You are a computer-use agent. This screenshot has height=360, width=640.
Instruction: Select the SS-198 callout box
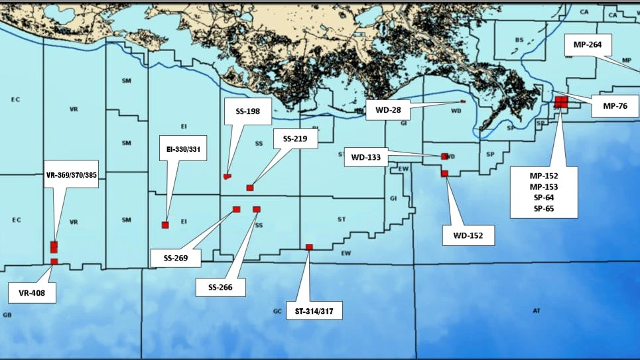(x=248, y=111)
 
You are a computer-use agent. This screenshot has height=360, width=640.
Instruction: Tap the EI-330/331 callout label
(x=183, y=149)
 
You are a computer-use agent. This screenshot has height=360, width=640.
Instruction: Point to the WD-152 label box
(x=468, y=234)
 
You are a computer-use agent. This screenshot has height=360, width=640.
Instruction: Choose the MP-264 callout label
(x=587, y=46)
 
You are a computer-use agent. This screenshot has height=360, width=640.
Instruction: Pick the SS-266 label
(x=222, y=286)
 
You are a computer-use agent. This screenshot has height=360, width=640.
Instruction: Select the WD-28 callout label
(x=387, y=109)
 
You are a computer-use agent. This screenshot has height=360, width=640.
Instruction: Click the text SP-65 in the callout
(x=544, y=208)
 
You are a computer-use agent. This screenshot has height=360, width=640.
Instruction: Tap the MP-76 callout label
(x=615, y=105)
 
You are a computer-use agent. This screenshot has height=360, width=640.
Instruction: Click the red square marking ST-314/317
(x=309, y=247)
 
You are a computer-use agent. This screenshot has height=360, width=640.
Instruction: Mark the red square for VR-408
(x=54, y=262)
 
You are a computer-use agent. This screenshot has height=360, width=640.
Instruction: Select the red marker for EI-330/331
(x=165, y=225)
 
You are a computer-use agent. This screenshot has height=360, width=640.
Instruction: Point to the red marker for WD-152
(x=444, y=174)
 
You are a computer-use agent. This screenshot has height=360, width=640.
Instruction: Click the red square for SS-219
(x=250, y=188)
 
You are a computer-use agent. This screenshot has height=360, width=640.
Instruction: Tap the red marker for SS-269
(x=236, y=210)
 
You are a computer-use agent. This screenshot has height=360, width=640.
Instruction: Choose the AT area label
(x=537, y=310)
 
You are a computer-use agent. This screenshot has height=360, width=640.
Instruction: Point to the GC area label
(x=277, y=310)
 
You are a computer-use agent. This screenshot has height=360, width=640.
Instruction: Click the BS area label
(x=519, y=40)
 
